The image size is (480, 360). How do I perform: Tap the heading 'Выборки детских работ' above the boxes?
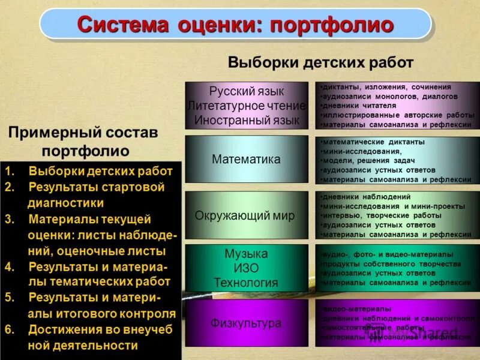coord(320,62)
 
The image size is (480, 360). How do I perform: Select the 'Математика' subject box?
coord(246,160)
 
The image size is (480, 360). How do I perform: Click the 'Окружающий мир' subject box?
coord(246,216)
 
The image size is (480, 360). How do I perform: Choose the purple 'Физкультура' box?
coord(246,323)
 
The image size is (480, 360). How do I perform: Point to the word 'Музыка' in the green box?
coord(246,253)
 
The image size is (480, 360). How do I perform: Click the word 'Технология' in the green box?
coord(246,282)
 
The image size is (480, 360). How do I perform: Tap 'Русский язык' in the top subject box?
coord(246,92)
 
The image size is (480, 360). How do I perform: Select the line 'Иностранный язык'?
coord(246,119)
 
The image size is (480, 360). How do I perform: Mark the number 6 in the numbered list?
coord(8,329)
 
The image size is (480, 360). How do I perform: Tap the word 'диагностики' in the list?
coord(66,203)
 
